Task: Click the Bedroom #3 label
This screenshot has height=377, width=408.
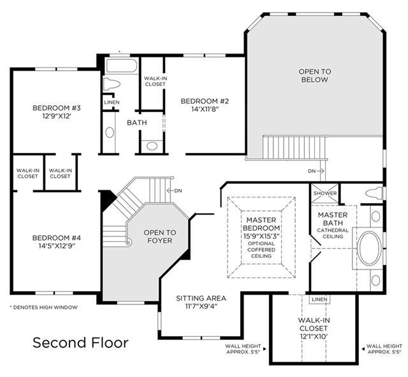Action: coord(57,108)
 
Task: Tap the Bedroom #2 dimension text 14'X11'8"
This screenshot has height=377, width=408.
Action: coord(205,109)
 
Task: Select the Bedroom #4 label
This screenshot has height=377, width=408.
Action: coord(57,238)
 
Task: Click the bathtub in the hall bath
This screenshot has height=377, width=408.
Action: coord(122,66)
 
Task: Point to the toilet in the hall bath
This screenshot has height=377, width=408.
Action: coord(112,84)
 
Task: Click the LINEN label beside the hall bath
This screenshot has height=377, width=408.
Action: coord(112,103)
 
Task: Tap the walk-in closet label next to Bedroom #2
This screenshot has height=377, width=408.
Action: coord(156,81)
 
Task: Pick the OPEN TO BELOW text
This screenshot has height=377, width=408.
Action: coord(315,75)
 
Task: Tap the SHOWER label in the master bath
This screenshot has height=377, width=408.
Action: coord(325,193)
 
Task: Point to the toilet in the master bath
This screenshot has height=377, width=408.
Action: coord(374,193)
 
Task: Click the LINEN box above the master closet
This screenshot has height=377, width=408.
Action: coord(319,299)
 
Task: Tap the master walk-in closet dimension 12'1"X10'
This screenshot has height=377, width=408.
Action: coord(314,336)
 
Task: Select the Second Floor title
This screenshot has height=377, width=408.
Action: coord(81,343)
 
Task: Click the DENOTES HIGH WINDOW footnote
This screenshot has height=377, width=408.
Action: coord(44,308)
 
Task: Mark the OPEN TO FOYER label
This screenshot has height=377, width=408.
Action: coord(160,236)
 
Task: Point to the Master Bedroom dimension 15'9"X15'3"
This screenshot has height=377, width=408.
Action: coord(261,237)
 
